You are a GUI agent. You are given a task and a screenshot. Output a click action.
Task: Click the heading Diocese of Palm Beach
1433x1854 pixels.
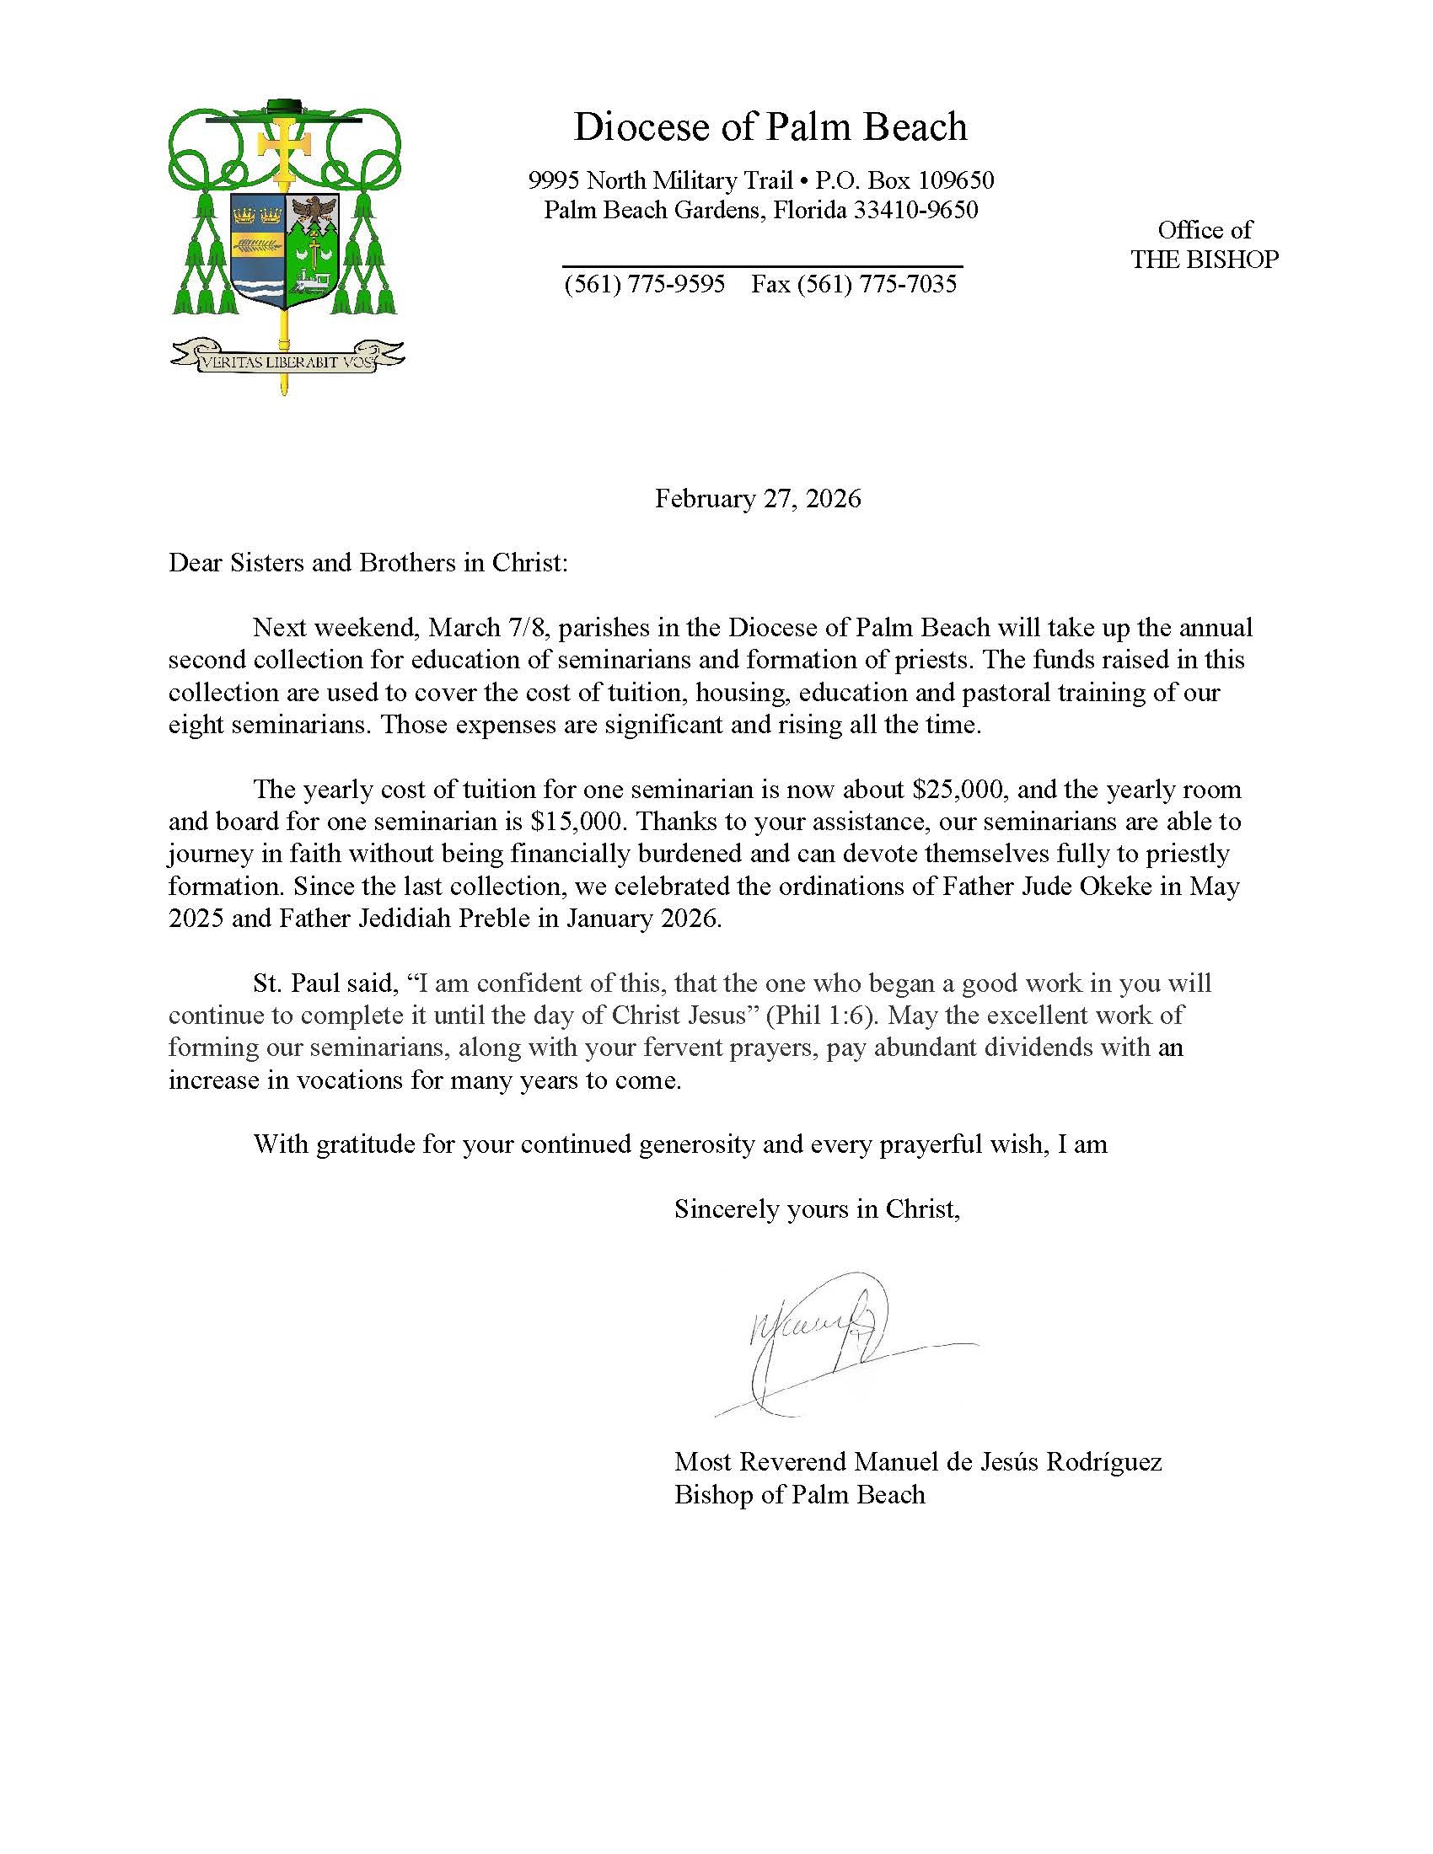770,127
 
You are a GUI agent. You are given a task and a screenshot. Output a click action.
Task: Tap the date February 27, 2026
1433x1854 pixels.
757,498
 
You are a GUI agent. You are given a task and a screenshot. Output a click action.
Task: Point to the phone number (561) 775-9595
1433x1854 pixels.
644,283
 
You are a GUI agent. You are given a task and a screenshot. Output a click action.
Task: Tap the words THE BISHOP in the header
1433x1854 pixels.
1204,260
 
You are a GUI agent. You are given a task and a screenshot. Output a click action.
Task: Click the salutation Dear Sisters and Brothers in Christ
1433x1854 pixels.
368,563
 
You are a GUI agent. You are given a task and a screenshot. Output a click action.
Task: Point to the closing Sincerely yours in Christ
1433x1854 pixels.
817,1208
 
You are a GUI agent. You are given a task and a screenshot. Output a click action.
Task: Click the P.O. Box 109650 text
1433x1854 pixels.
905,180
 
